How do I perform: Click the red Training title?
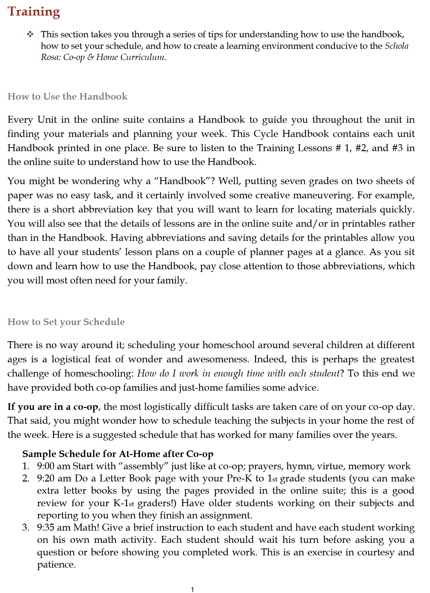[x=34, y=12]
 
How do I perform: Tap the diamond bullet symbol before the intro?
[x=30, y=34]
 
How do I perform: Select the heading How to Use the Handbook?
[x=68, y=96]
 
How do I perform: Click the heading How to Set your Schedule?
[x=66, y=322]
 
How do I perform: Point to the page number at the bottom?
[x=192, y=589]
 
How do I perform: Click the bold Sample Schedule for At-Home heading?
[x=118, y=454]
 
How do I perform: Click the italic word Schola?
[x=397, y=46]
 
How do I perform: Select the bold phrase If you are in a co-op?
[x=53, y=407]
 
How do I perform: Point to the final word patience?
[x=56, y=565]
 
